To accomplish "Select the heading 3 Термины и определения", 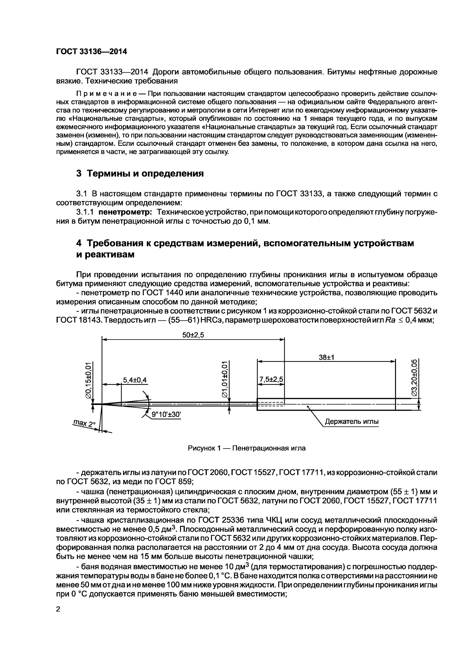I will click(x=140, y=173).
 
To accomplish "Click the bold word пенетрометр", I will click(x=125, y=212).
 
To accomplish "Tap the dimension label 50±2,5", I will click(x=193, y=335).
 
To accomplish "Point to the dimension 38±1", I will click(x=326, y=357).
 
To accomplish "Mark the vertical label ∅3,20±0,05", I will click(x=414, y=377).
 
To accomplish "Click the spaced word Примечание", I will click(x=109, y=94).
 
